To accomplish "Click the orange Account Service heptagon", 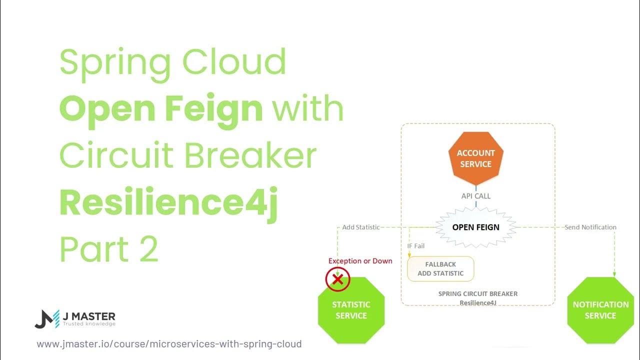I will pos(475,158).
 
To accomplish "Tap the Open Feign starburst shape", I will pos(475,227).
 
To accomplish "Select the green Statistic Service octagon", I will pos(351,310).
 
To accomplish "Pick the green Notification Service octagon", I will pos(600,310).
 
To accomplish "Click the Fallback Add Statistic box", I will pos(440,269).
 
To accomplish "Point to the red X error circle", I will pos(337,279).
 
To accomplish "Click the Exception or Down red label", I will pos(360,261).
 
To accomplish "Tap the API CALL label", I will pos(475,196).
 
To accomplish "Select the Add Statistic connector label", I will pos(360,227).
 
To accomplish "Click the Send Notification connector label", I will pos(590,227).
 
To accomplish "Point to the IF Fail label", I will pos(415,246).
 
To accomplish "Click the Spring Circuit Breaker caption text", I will pos(477,294).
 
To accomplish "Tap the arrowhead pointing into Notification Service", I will pos(614,273).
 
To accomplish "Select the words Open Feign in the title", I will pos(161,108).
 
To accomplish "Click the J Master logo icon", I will pos(46,318).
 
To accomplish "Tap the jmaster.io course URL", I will pos(169,344).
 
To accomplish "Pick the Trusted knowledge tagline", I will pos(89,324).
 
